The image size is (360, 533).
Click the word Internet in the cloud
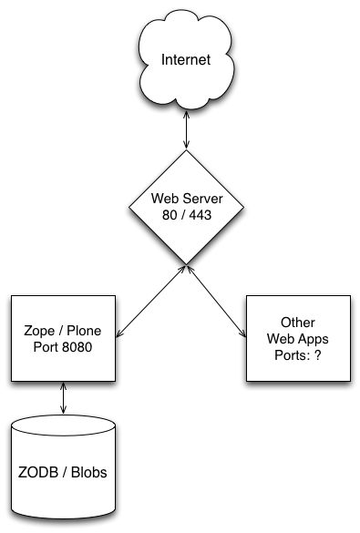coord(186,59)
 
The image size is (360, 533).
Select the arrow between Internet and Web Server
coord(186,129)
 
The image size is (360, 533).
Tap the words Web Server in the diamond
coord(187,199)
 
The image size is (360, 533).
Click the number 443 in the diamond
coord(201,215)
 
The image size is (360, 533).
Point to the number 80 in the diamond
coord(170,215)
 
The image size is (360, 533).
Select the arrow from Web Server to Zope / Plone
coord(150,302)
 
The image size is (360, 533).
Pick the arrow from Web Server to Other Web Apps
coord(216,302)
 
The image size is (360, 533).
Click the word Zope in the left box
coord(39,331)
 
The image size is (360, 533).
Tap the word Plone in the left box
coord(84,331)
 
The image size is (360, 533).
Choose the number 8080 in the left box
coord(77,347)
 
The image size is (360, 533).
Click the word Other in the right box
coord(298,323)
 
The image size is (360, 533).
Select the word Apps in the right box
coord(314,339)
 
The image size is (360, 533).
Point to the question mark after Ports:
coord(317,355)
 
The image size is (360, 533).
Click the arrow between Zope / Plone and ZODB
coord(63,398)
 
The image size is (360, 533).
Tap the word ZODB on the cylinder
coord(38,473)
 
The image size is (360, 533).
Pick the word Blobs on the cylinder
coord(89,473)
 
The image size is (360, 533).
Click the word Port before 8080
coord(46,347)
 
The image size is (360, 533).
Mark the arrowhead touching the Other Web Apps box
coord(242,333)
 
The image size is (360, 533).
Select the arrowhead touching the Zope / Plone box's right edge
coord(119,333)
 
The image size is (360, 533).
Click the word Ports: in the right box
coord(293,355)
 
